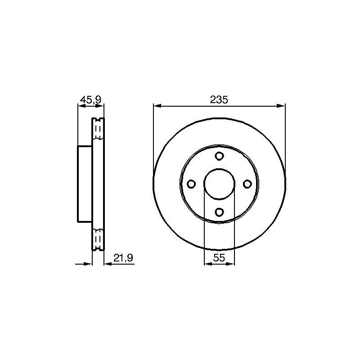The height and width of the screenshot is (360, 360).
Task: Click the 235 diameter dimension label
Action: [x=219, y=99]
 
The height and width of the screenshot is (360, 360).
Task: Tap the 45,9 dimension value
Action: [x=91, y=100]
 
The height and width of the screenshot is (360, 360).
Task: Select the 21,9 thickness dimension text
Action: [x=123, y=258]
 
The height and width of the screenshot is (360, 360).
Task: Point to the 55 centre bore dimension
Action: [x=219, y=258]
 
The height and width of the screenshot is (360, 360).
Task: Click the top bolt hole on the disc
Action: [x=219, y=156]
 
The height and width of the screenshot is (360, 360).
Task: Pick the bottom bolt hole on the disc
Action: [x=219, y=211]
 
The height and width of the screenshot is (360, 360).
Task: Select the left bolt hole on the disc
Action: [x=192, y=184]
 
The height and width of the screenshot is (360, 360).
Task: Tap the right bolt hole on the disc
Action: [x=247, y=184]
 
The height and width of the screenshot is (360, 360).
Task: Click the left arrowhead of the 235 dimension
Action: [x=157, y=106]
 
